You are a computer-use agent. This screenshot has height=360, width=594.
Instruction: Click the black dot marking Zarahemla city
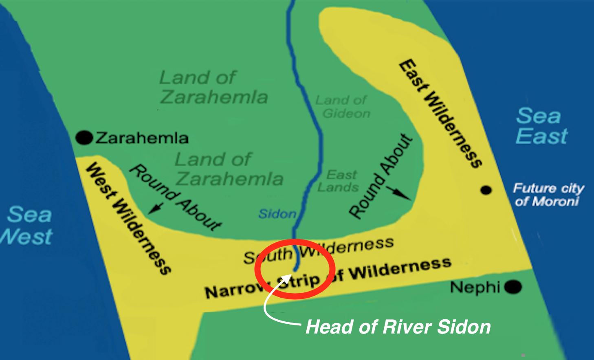[84, 138]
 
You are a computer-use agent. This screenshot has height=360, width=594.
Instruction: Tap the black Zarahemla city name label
[142, 138]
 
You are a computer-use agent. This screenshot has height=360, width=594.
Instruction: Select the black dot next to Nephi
[513, 287]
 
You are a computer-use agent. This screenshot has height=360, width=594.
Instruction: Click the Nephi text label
[475, 288]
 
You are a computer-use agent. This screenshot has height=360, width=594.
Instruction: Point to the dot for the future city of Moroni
[486, 190]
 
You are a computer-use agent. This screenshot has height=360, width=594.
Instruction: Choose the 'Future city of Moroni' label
[548, 195]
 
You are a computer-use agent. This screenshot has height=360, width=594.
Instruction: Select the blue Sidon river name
[277, 214]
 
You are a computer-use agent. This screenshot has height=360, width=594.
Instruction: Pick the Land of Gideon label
[343, 107]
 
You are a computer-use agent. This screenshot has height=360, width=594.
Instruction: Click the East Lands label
[339, 181]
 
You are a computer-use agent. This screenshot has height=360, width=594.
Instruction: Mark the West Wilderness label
[128, 218]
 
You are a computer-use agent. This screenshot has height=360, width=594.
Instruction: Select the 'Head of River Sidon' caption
[398, 327]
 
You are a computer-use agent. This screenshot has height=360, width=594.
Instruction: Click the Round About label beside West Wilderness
[176, 197]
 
